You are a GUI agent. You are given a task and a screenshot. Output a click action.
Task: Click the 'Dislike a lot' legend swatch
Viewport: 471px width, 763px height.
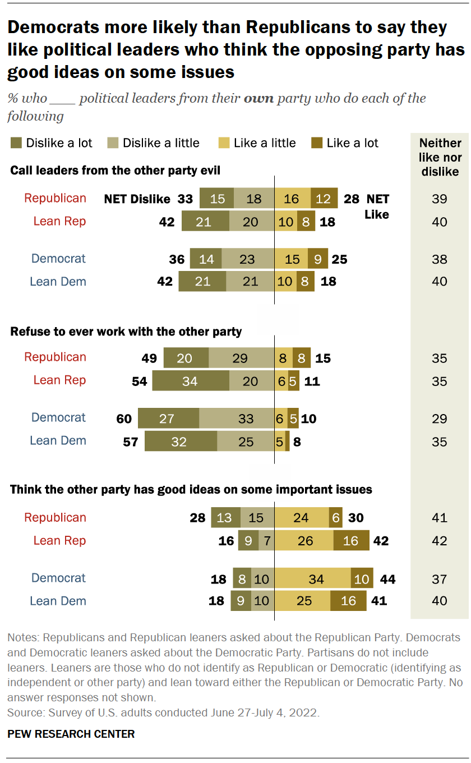coord(16,143)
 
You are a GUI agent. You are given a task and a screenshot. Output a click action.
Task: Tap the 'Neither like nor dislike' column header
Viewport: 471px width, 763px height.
coord(440,157)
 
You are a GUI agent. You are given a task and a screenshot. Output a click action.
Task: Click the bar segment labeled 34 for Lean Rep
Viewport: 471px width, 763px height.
coord(191,381)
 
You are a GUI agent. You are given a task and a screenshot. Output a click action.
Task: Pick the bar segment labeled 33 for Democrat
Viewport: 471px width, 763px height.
coord(237,419)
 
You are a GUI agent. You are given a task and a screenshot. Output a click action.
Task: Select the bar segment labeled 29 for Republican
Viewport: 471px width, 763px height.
coord(242,358)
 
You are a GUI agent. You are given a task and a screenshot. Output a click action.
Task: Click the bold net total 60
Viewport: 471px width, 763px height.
coord(124,419)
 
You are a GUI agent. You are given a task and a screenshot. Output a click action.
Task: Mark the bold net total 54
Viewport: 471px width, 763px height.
coord(138,381)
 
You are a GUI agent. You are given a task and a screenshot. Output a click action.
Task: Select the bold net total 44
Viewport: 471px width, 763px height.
coord(387,579)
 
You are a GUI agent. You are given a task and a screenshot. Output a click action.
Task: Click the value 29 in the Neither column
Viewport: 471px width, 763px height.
coord(440,419)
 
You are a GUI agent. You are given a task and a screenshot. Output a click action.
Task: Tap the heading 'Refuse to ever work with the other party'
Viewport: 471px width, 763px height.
coord(126,332)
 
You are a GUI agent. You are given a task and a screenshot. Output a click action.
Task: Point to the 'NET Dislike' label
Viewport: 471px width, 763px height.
coord(137,199)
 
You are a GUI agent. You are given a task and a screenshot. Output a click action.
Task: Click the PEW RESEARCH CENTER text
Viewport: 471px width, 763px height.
coord(71,734)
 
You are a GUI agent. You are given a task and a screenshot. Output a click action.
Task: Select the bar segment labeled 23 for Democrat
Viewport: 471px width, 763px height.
coord(248,259)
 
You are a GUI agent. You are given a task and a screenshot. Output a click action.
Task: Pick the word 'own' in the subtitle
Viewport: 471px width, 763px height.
coord(258,99)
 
